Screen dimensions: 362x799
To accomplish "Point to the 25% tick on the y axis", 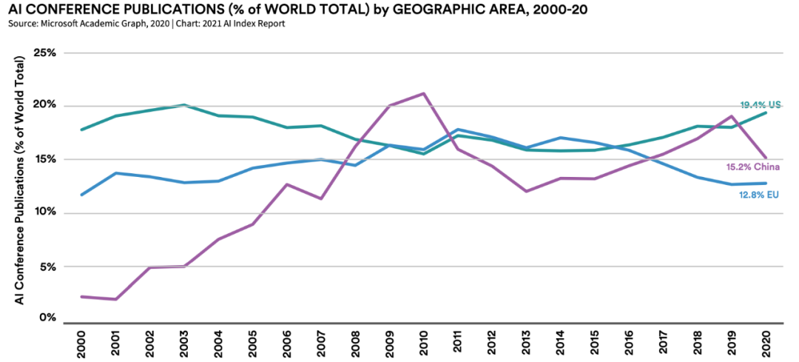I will click(45, 53).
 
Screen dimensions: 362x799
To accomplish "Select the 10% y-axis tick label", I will click(45, 213).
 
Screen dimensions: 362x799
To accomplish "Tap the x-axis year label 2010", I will click(422, 342).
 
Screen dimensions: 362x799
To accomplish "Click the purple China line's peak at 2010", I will click(422, 93).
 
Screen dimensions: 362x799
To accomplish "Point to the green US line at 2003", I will click(183, 105).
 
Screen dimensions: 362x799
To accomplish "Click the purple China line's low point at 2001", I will click(115, 299).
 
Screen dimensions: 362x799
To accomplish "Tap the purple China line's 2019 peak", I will click(732, 116).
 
